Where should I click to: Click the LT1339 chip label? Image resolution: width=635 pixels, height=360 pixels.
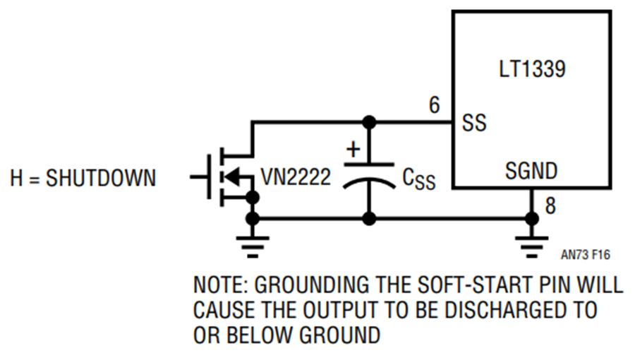click(532, 69)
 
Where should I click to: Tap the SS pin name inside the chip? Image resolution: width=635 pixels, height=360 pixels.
click(474, 122)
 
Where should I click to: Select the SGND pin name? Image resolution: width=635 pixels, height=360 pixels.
click(531, 171)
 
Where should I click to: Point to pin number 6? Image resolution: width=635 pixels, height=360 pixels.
click(435, 105)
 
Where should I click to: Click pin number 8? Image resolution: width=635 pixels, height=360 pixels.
click(550, 205)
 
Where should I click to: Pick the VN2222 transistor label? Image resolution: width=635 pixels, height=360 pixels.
click(296, 177)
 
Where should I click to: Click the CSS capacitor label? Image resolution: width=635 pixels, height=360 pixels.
click(419, 179)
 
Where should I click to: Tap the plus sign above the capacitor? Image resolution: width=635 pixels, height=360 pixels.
click(353, 149)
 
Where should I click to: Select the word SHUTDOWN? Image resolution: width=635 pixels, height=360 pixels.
click(101, 178)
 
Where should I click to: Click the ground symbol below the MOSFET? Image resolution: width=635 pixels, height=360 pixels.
click(253, 247)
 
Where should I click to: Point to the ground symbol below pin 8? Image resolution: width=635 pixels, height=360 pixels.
click(532, 247)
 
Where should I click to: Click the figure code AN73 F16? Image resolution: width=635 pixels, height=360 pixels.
click(585, 255)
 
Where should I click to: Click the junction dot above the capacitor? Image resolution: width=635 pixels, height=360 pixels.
click(369, 122)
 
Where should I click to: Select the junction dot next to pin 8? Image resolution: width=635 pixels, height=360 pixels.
click(532, 219)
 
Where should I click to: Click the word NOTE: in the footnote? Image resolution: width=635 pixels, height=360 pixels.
click(220, 284)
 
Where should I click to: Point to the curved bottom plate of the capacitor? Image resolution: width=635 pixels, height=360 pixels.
click(369, 182)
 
